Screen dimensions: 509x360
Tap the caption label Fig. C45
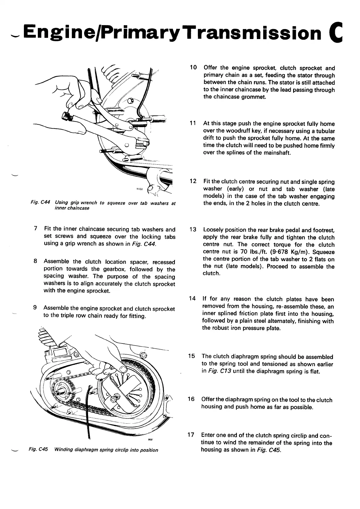click(x=38, y=450)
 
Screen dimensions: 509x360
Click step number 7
click(x=36, y=229)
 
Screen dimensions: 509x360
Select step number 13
click(x=193, y=230)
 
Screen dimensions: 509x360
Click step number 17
click(x=191, y=435)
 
